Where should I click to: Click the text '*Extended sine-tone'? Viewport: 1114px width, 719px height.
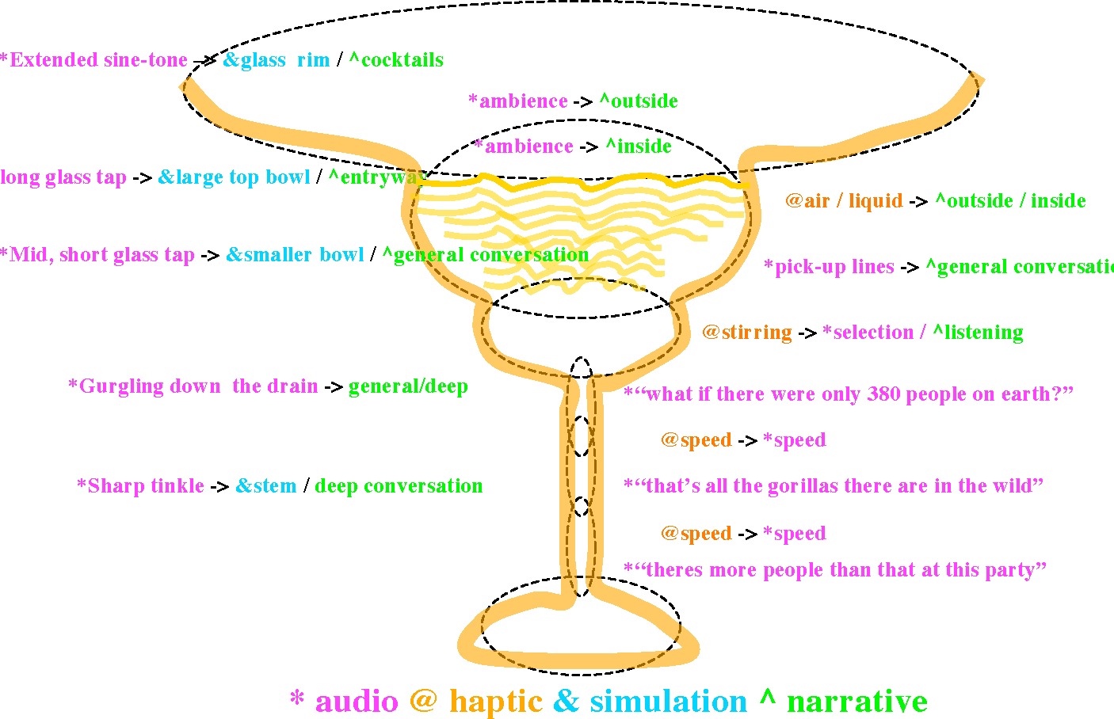(x=93, y=60)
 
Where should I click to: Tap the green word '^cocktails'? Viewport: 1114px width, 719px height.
(x=396, y=60)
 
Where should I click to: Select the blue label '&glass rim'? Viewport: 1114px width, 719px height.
(x=276, y=60)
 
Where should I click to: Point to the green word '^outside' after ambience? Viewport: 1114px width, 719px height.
(x=639, y=101)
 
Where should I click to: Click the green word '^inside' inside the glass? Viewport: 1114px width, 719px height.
(x=639, y=146)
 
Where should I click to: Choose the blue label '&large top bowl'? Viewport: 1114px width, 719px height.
(x=234, y=177)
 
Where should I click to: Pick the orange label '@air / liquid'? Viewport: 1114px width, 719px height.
(x=844, y=201)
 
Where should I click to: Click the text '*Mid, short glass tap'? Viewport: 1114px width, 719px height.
(x=97, y=255)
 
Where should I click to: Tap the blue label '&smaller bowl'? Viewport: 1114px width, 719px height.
(x=295, y=255)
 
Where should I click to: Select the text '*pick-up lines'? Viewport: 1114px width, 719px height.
(x=829, y=267)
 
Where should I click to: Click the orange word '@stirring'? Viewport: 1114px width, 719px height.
(x=747, y=333)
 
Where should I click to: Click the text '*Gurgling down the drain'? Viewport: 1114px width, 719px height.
(x=193, y=386)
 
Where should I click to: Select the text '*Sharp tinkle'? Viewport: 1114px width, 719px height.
(x=140, y=486)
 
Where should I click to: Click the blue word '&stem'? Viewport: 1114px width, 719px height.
(x=266, y=486)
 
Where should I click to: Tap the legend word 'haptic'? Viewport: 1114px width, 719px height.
(x=495, y=702)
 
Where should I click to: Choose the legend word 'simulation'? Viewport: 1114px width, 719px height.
(x=668, y=702)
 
